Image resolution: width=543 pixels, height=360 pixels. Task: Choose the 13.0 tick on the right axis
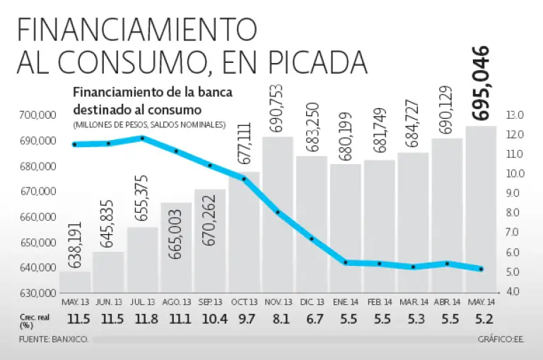point(514,115)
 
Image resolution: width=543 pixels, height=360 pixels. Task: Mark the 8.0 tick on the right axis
point(514,213)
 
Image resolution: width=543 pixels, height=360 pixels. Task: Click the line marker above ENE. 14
point(346,262)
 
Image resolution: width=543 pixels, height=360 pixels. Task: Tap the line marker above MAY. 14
point(481,269)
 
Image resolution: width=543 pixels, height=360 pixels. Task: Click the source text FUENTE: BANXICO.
point(54,340)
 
